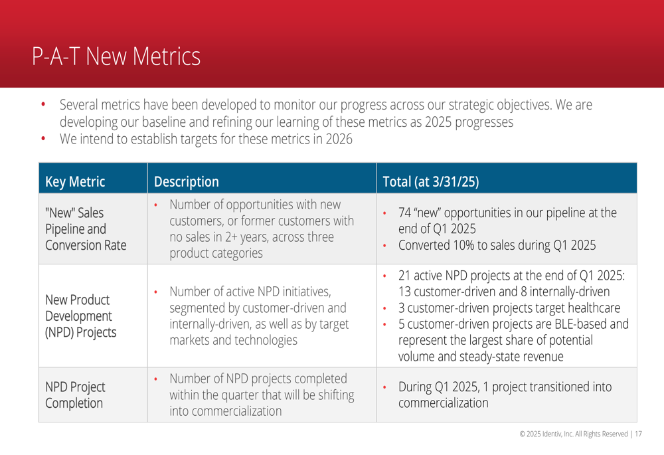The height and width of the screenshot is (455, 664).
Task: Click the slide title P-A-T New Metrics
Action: (116, 56)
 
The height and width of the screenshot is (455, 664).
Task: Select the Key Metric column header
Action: (75, 182)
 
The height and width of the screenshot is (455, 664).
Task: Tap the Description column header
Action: (187, 182)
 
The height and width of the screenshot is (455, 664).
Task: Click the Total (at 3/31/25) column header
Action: (431, 182)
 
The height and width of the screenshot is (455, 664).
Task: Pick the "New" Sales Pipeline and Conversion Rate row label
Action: (86, 228)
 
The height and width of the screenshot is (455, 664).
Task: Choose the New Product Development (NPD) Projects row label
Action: (80, 316)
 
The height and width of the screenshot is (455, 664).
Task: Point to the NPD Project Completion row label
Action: (75, 395)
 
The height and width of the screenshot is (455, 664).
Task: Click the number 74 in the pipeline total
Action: (404, 213)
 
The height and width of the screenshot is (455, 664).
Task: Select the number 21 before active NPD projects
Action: (404, 276)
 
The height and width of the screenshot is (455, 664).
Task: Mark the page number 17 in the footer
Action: (638, 434)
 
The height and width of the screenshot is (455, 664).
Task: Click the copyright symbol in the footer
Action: (523, 434)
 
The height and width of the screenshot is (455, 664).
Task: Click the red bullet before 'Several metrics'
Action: (43, 104)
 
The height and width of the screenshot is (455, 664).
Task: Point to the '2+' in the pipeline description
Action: (231, 237)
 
